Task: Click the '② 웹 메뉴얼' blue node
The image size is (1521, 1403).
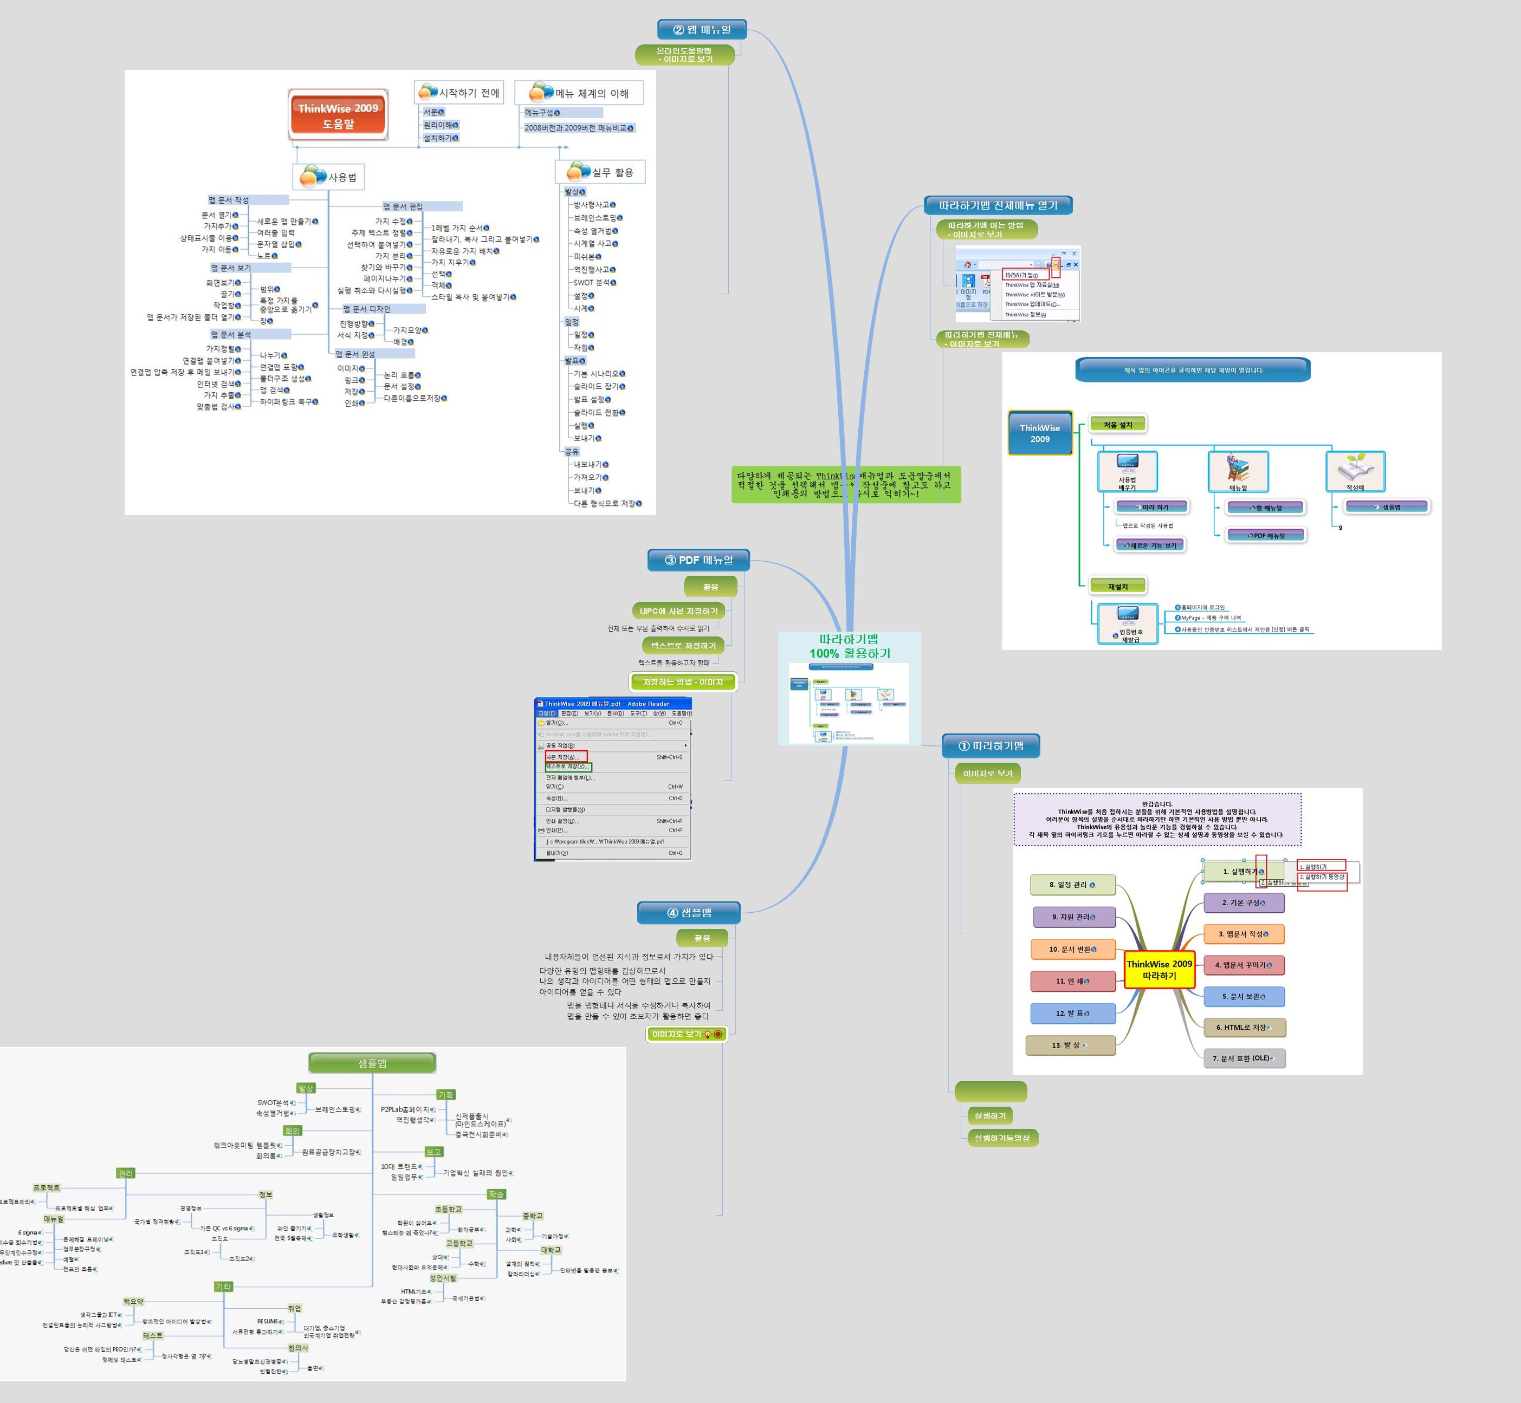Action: [x=702, y=30]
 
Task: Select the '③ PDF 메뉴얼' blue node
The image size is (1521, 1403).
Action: [x=698, y=560]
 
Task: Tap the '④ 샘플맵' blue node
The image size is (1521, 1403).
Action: [x=689, y=913]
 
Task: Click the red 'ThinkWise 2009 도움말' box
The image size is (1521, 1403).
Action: [x=338, y=115]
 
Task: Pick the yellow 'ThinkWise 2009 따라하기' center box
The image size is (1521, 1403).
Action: [x=1159, y=970]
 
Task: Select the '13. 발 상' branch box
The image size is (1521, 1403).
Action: [x=1070, y=1045]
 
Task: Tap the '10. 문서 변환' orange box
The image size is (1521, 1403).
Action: [x=1073, y=949]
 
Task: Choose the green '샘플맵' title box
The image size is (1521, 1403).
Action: [x=372, y=1063]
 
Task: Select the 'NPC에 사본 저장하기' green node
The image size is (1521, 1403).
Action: [x=678, y=611]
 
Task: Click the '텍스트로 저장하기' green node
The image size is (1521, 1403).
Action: [x=683, y=645]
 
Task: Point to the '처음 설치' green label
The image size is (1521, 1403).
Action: [x=1117, y=424]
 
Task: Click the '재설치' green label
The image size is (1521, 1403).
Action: [x=1117, y=586]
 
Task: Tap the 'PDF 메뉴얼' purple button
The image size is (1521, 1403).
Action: [x=1266, y=535]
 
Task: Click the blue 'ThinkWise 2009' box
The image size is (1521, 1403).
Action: [x=1040, y=433]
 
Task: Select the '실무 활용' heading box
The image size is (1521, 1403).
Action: [x=601, y=172]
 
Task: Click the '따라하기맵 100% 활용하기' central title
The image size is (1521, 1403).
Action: [x=849, y=646]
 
